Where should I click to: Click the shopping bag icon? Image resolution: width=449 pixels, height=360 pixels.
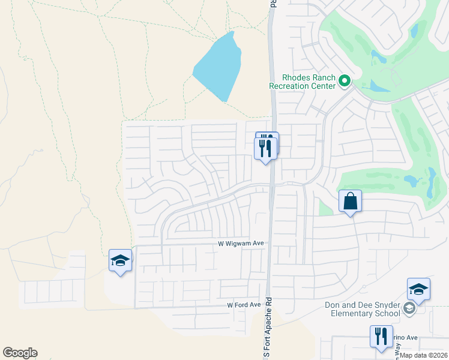351,201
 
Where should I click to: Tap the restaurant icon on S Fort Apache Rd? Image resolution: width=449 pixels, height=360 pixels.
265,147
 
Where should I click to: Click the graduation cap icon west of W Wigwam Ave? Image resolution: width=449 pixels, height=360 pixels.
120,261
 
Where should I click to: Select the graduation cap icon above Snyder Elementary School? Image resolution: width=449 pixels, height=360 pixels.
418,290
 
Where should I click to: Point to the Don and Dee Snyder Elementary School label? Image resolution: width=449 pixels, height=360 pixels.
363,309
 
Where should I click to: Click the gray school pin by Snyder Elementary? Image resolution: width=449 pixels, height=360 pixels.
409,308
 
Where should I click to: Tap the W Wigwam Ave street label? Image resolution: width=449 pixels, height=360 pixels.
241,244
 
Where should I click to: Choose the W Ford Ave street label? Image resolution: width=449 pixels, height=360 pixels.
244,305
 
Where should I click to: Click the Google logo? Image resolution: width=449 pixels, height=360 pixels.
20,353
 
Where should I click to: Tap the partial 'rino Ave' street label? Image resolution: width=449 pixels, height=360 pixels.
405,338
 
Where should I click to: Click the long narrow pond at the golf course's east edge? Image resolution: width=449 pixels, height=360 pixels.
431,184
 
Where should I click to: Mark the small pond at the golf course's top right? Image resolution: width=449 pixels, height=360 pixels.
414,29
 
